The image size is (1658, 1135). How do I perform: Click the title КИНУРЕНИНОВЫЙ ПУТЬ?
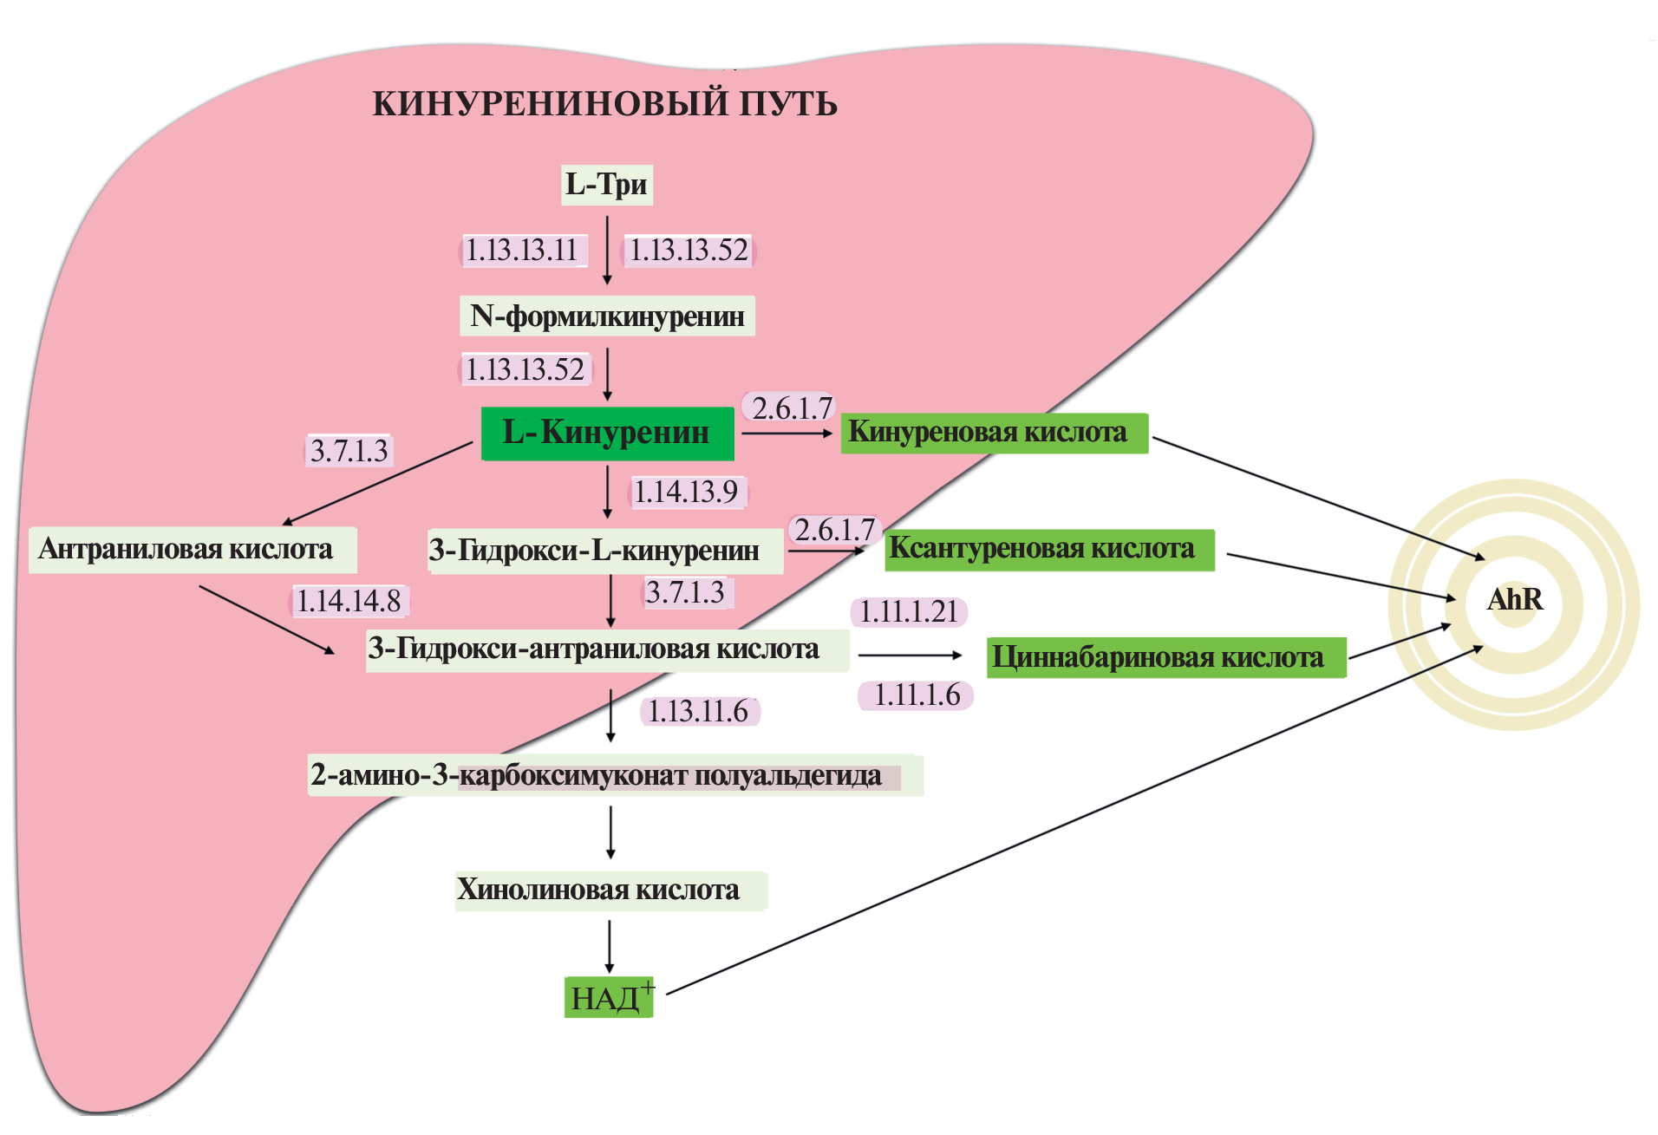point(604,103)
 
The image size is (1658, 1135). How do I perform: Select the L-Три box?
point(606,185)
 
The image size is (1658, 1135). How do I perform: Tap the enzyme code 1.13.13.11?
point(522,251)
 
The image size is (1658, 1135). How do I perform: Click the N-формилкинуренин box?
point(607,316)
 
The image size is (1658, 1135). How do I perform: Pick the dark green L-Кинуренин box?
point(607,433)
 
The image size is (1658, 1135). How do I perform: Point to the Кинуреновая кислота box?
point(994,433)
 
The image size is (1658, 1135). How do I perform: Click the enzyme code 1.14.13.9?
point(686,492)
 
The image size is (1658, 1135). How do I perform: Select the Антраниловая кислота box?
point(193,550)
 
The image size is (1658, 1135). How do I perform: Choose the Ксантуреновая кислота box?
point(1048,550)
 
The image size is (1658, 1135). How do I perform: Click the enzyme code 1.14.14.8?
point(349,601)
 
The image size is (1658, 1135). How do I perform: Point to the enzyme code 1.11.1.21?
point(909,612)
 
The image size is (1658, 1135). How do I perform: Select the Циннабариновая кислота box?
point(1165,657)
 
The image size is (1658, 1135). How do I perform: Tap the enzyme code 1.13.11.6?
point(699,712)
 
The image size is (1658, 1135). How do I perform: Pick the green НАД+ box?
point(608,998)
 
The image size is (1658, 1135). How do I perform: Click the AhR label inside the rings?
point(1514,600)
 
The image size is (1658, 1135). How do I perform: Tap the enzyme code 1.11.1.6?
point(917,695)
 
